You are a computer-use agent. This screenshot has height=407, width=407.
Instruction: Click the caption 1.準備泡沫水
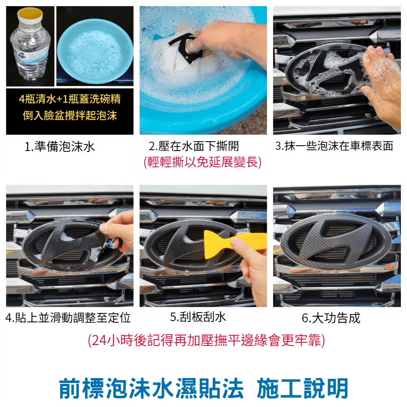(x=59, y=147)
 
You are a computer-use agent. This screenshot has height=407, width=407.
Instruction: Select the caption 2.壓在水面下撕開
(x=194, y=146)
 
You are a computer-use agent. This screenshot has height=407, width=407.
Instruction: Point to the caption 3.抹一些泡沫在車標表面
(x=334, y=146)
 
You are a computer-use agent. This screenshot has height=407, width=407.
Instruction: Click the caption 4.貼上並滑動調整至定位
(x=68, y=318)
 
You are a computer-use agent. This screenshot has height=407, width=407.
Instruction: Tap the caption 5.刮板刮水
(x=198, y=317)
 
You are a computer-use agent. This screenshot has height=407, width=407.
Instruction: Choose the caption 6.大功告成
(x=331, y=318)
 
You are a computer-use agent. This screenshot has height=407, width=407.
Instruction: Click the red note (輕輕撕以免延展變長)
(x=202, y=162)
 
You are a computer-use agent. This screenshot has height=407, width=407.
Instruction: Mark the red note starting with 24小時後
(x=206, y=340)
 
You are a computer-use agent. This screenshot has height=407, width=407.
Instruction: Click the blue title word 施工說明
(x=302, y=388)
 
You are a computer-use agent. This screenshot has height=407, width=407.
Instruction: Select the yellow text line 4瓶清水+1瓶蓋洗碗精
(x=70, y=99)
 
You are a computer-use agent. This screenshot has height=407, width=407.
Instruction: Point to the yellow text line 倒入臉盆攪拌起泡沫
(x=70, y=116)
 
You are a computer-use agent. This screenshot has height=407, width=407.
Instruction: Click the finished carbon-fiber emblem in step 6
(x=336, y=242)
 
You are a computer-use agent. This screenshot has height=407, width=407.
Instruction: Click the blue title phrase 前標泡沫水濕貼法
(x=151, y=388)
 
